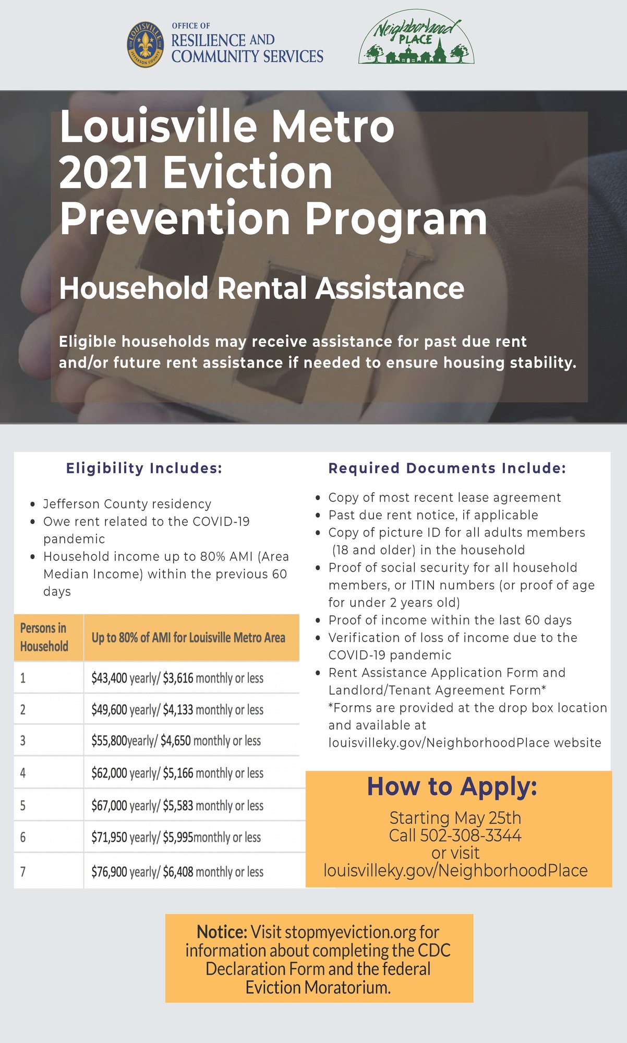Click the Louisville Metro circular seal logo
click(x=145, y=44)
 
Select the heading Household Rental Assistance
click(x=261, y=288)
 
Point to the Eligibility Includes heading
click(x=144, y=468)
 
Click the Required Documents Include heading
click(x=447, y=468)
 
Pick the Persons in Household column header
click(x=44, y=637)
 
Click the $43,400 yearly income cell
click(x=110, y=678)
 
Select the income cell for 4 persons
click(x=177, y=773)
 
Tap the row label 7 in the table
click(x=23, y=871)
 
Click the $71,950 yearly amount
click(x=110, y=838)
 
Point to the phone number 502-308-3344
click(x=471, y=835)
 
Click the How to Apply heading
click(x=452, y=786)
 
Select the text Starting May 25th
click(x=455, y=818)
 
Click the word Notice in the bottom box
click(x=222, y=931)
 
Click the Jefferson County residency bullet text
click(x=127, y=504)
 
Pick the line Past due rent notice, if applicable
click(x=433, y=515)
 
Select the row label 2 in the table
click(x=23, y=710)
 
